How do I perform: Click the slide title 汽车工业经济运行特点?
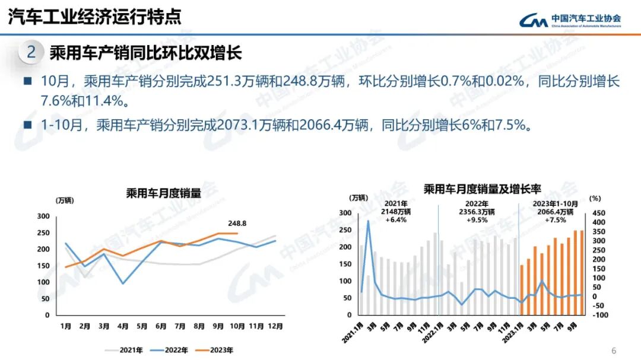click(95, 17)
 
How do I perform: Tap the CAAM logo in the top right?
click(570, 21)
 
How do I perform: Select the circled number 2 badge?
click(31, 53)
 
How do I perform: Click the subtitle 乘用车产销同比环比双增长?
click(145, 53)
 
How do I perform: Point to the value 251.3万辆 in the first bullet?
click(232, 82)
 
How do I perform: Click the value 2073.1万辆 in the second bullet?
click(245, 125)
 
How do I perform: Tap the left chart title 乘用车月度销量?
click(163, 192)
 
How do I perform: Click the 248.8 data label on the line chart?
click(237, 224)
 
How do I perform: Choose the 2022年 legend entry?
click(172, 350)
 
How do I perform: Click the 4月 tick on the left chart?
click(123, 326)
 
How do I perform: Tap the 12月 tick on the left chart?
click(275, 326)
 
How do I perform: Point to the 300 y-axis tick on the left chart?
click(43, 216)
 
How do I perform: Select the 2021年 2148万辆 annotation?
click(395, 211)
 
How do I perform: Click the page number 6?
click(614, 350)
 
